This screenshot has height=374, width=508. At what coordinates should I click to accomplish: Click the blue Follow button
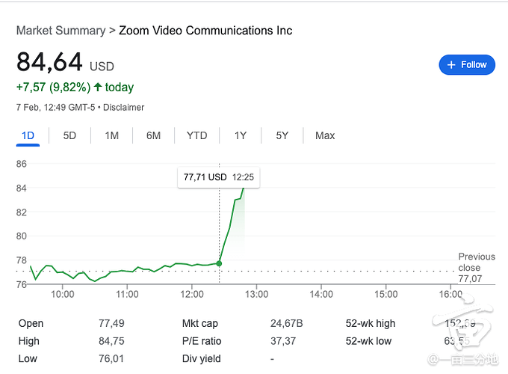(x=467, y=65)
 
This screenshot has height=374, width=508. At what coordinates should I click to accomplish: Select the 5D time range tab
(x=69, y=135)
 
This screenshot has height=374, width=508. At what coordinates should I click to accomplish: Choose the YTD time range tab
(x=196, y=135)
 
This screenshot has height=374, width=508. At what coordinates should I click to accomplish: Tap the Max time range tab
(x=325, y=135)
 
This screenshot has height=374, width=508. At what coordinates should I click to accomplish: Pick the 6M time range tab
(x=153, y=135)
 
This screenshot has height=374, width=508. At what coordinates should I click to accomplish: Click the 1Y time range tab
(x=240, y=135)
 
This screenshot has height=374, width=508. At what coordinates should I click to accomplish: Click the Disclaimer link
(x=123, y=107)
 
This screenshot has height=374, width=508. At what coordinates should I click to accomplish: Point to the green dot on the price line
(x=219, y=263)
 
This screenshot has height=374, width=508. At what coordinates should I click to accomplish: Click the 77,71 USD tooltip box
(x=219, y=178)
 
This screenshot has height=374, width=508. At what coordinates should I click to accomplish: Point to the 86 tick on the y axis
(x=21, y=163)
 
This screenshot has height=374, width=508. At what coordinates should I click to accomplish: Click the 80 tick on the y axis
(x=21, y=236)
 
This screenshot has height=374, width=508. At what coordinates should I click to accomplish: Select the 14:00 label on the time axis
(x=321, y=294)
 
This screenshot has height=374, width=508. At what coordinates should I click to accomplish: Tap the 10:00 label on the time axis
(x=63, y=294)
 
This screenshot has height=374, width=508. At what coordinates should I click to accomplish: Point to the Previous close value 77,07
(x=469, y=278)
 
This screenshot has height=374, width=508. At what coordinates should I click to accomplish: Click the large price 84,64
(x=49, y=63)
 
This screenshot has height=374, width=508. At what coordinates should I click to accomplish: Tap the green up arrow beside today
(x=98, y=88)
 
